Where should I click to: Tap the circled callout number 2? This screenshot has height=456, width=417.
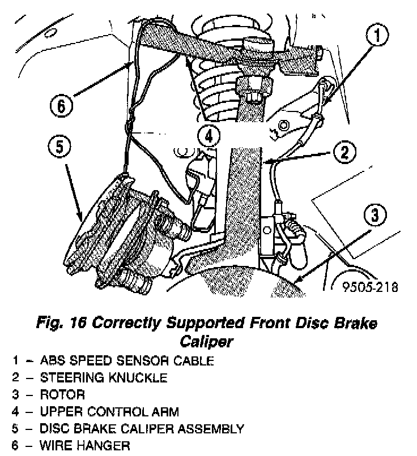point(344,152)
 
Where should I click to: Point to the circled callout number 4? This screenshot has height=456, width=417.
point(209,136)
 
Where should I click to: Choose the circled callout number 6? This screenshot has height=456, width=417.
point(62,106)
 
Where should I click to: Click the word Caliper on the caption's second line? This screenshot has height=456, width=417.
point(206,341)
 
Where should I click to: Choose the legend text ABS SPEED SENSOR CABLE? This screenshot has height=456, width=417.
point(126,360)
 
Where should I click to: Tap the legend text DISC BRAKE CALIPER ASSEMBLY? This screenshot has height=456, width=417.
point(141,428)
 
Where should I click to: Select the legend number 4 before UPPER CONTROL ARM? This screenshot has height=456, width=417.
point(18,411)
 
